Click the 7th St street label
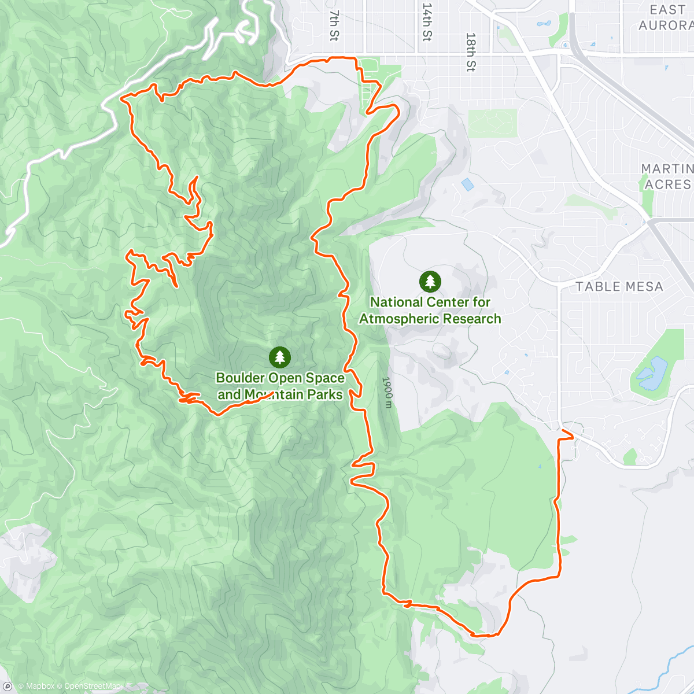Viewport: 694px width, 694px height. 334,25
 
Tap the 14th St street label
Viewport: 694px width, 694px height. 427,23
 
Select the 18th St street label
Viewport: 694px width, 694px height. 471,51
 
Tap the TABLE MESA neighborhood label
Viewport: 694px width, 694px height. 619,286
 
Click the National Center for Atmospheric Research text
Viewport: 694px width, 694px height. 430,311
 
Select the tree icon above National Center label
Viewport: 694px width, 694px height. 430,282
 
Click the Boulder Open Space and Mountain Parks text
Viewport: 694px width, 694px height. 280,386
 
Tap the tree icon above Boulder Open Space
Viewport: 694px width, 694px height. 280,357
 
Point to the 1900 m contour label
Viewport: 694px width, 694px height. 387,393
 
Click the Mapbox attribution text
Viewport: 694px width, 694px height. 36,686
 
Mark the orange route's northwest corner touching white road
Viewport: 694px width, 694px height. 123,99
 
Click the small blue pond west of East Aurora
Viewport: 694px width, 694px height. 544,24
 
